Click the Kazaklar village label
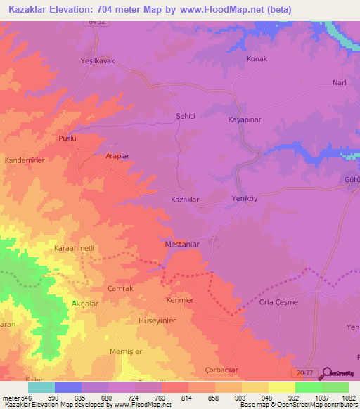coord(185,200)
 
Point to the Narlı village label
coord(340,83)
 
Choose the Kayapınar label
coord(245,120)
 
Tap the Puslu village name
coord(67,138)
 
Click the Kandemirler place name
coord(25,161)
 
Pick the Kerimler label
coord(179,300)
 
